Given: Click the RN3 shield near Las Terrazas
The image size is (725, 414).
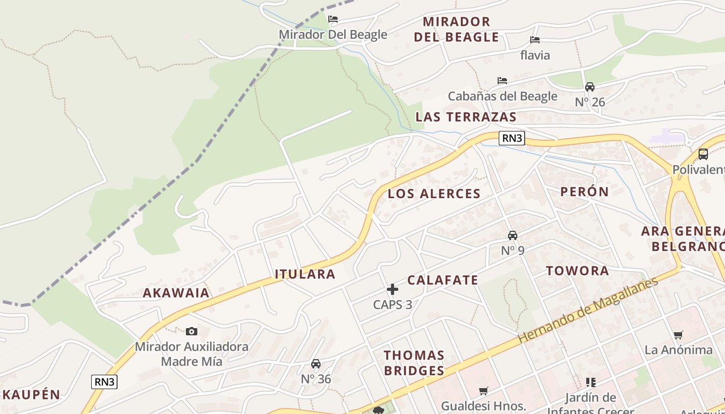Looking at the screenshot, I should [x=512, y=138].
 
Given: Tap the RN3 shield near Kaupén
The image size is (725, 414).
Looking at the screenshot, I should [x=105, y=382].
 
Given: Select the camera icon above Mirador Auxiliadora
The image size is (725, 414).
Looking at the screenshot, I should [x=192, y=331].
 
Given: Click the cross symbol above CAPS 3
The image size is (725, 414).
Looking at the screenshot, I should [x=393, y=289].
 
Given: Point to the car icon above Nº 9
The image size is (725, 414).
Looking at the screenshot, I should [x=513, y=235].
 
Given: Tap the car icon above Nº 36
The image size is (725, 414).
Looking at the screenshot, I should [x=316, y=364].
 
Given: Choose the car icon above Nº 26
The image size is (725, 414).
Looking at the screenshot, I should [x=590, y=87].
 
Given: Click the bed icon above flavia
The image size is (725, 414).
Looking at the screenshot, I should [x=535, y=40].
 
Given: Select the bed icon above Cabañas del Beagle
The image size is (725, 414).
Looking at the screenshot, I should [x=502, y=81].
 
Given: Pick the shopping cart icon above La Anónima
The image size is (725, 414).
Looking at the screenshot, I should [x=678, y=335].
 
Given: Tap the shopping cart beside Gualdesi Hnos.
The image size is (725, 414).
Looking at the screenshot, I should [x=484, y=391].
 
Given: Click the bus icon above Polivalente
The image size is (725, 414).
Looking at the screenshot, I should [x=703, y=154].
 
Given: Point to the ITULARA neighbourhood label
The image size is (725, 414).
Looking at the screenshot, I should [x=305, y=274].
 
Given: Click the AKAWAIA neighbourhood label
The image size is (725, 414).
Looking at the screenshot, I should [x=176, y=293].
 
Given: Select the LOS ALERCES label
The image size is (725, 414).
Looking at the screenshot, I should [x=434, y=194].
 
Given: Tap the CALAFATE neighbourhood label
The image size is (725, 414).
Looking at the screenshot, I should [x=443, y=280].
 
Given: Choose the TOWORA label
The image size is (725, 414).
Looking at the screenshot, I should [x=577, y=271].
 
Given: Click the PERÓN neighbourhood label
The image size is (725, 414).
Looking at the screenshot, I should [x=585, y=191].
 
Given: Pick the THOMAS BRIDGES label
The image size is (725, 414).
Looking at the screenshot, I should [x=414, y=363].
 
